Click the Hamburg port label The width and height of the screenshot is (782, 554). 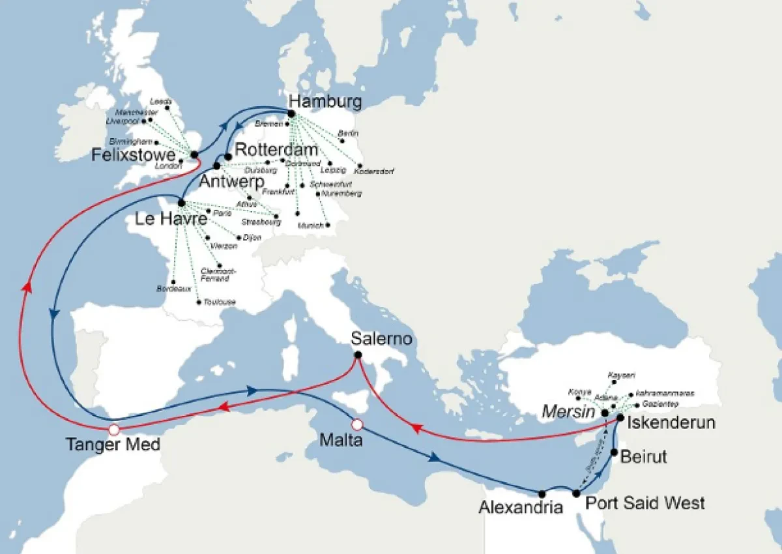325,102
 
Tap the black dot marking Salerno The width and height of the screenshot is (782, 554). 358,355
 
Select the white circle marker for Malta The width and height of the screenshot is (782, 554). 356,425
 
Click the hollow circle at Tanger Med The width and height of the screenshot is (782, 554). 114,430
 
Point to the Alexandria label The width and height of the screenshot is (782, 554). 521,507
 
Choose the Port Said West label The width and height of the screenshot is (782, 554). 644,503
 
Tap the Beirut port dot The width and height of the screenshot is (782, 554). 614,452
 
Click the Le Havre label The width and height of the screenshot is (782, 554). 171,220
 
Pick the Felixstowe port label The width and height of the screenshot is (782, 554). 134,155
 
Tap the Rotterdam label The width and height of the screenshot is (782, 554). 276,149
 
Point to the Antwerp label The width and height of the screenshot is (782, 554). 231,181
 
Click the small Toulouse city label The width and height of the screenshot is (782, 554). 219,302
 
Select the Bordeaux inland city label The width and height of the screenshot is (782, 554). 174,288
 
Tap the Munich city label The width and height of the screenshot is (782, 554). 310,225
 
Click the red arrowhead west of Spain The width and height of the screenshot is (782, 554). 26,286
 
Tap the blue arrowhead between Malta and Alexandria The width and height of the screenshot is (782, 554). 435,458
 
